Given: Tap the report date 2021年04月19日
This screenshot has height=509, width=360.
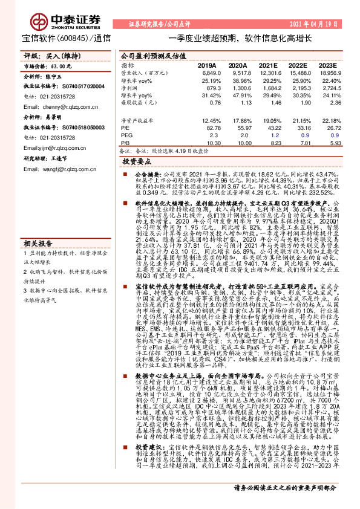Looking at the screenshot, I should pos(312,24).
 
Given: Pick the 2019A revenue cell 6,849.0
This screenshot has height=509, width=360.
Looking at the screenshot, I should pos(208,72).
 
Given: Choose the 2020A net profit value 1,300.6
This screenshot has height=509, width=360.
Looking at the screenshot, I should pos(237,88).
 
